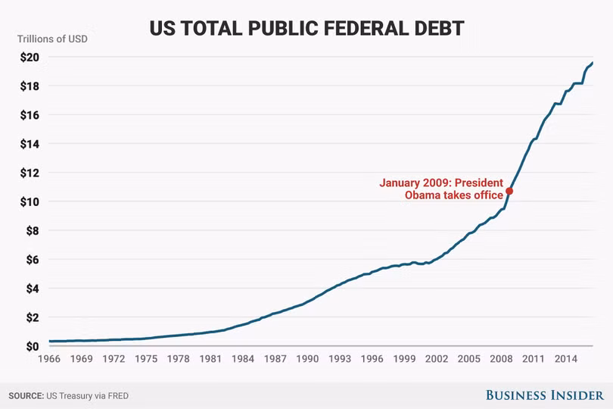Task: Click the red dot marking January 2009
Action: (509, 191)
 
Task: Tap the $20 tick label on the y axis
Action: (30, 57)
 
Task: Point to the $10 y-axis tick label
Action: (30, 201)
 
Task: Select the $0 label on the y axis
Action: (33, 346)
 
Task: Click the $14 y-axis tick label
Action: (30, 144)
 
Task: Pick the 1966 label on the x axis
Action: (49, 359)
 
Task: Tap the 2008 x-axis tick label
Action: (501, 359)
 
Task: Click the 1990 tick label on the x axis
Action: (307, 359)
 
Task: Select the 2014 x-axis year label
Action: (565, 359)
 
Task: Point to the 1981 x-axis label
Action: (210, 359)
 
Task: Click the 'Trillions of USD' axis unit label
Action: (52, 39)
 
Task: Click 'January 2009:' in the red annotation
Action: (415, 183)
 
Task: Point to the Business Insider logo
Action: (545, 395)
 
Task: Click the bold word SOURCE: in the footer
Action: (26, 396)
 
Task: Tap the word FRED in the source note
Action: (118, 396)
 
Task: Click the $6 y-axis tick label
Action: (33, 260)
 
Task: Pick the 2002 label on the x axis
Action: (437, 359)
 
